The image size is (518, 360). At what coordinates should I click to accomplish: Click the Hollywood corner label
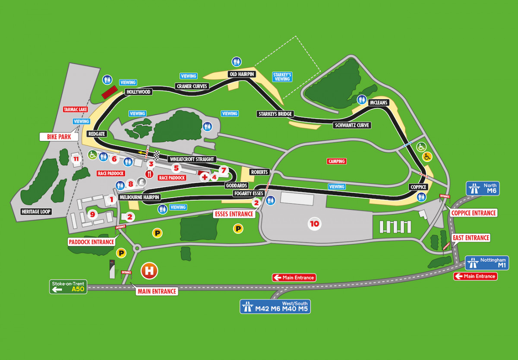[138, 92]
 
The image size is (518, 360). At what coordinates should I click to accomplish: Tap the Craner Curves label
[193, 86]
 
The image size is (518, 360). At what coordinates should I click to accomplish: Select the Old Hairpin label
[242, 74]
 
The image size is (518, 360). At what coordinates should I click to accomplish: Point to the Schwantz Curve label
[352, 126]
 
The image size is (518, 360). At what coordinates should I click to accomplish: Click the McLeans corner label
[379, 103]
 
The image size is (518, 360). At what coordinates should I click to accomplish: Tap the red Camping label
[336, 161]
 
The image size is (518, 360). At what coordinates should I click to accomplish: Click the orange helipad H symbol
[150, 271]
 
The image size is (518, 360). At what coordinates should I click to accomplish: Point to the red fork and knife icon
[149, 174]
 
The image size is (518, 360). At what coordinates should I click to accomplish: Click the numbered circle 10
[314, 223]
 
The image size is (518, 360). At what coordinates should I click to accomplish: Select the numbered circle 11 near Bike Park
[76, 159]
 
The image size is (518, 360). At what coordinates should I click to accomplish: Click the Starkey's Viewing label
[282, 77]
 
